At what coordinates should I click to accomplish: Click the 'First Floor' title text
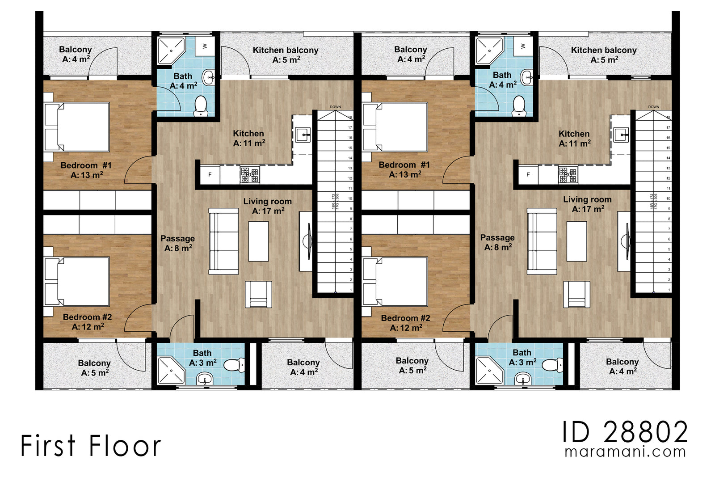pos(90,446)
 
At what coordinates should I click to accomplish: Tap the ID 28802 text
pos(624,432)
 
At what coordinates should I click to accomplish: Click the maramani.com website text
pos(625,452)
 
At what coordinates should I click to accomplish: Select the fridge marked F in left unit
pos(210,174)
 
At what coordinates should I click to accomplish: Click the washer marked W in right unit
pos(523,46)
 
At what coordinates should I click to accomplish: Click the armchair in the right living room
pos(576,294)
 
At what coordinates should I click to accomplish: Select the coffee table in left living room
pos(258,241)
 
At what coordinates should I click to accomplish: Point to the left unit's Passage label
pos(177,243)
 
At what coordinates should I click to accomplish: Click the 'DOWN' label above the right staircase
pos(653,107)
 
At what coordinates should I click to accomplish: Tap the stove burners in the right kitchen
pos(568,174)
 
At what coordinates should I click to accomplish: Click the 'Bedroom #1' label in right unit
pos(404,165)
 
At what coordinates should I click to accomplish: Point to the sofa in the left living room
pos(223,241)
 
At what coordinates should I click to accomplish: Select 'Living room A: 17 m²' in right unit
pos(587,204)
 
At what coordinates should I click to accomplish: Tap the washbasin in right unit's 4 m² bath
pos(528,78)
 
